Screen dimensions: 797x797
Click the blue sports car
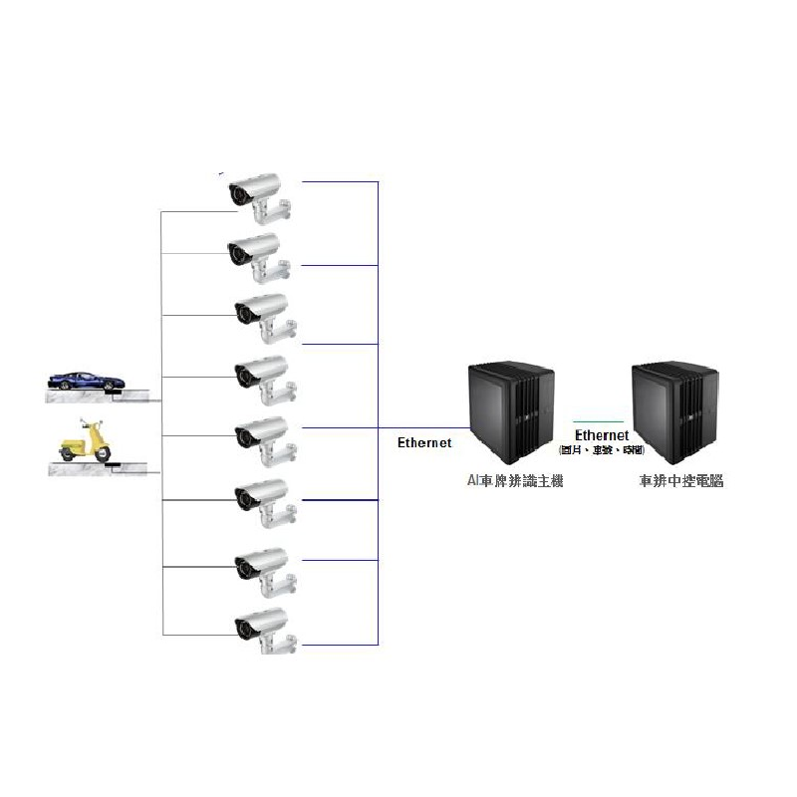(x=88, y=381)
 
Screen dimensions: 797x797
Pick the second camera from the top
(x=258, y=253)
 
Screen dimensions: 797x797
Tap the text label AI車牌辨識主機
(x=515, y=480)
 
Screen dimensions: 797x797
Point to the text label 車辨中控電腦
(x=681, y=480)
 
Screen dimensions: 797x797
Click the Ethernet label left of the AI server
(x=424, y=442)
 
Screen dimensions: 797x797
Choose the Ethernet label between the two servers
(x=602, y=435)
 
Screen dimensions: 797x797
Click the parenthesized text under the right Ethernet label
(x=602, y=450)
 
